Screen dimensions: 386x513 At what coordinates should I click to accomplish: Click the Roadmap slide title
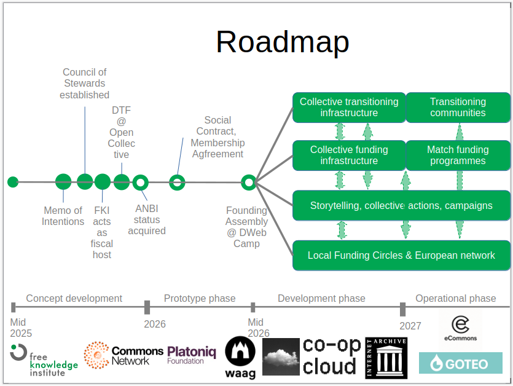pyautogui.click(x=282, y=42)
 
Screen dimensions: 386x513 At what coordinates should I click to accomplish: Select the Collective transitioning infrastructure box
pyautogui.click(x=348, y=108)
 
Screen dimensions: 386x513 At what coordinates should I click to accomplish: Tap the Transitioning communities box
pyautogui.click(x=458, y=108)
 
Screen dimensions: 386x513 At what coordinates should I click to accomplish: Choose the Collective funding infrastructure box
pyautogui.click(x=348, y=156)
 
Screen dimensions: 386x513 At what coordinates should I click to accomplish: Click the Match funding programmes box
pyautogui.click(x=458, y=156)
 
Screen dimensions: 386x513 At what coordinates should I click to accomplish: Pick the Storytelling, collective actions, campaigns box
pyautogui.click(x=401, y=205)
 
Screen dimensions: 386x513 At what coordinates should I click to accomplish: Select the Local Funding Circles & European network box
pyautogui.click(x=401, y=255)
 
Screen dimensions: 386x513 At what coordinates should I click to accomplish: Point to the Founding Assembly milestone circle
pyautogui.click(x=248, y=182)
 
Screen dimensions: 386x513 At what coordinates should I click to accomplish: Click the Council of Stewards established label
pyautogui.click(x=85, y=84)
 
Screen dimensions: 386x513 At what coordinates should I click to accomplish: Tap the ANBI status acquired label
pyautogui.click(x=147, y=219)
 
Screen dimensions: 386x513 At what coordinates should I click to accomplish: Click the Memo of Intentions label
pyautogui.click(x=63, y=216)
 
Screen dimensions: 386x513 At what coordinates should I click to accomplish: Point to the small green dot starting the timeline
pyautogui.click(x=13, y=182)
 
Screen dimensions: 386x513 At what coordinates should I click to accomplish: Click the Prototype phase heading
pyautogui.click(x=200, y=299)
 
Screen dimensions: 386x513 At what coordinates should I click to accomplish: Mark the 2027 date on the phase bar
pyautogui.click(x=410, y=326)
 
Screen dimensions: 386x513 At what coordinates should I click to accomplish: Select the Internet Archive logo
pyautogui.click(x=386, y=357)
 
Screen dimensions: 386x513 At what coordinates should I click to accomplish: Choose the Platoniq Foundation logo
pyautogui.click(x=192, y=355)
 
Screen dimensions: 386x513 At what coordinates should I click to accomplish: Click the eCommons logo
pyautogui.click(x=460, y=328)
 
